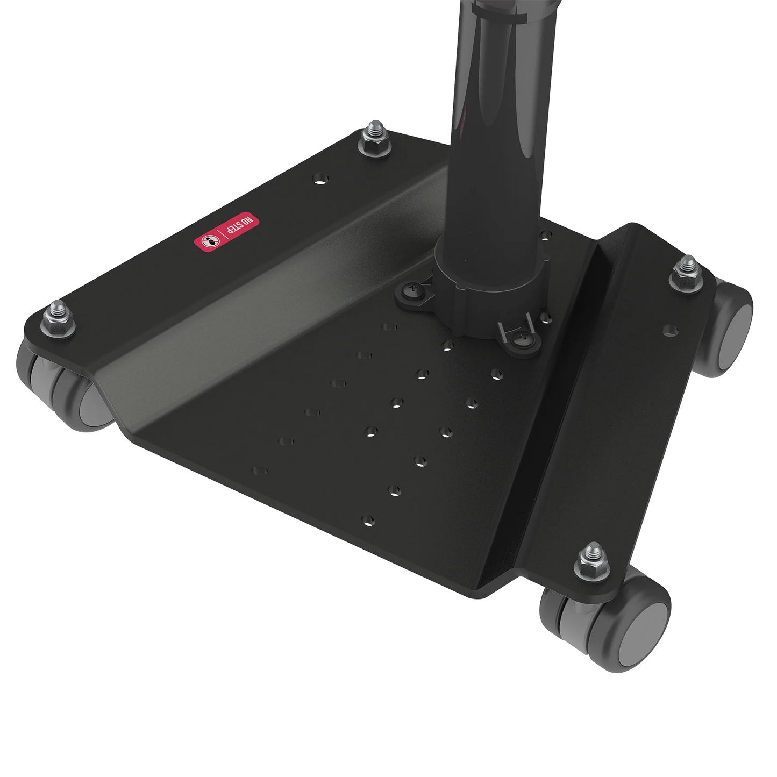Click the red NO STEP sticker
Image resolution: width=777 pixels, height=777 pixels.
coord(226,232)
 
